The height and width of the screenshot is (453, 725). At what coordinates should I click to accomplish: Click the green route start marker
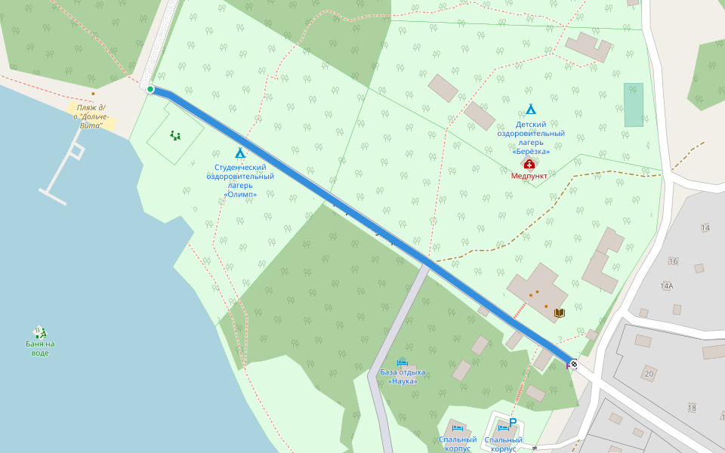(x=150, y=90)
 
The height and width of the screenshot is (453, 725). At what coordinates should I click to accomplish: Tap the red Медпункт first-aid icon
(x=529, y=164)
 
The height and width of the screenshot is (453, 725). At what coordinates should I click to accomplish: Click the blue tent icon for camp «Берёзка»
(x=531, y=109)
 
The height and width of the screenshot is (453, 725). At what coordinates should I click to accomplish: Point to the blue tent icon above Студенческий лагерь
(x=240, y=153)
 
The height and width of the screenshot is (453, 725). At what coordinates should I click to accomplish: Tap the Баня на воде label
(x=40, y=348)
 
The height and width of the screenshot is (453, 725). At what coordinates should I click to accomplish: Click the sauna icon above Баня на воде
(x=40, y=331)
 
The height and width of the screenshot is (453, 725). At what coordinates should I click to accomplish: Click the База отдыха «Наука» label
(x=403, y=377)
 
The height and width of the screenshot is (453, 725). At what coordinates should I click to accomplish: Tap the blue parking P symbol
(x=513, y=422)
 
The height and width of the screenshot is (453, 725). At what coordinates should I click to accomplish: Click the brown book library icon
(x=560, y=313)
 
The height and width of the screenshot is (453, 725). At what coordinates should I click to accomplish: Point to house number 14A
(x=667, y=286)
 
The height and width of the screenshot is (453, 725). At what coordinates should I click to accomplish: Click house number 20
(x=649, y=374)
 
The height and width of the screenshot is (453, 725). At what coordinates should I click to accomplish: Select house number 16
(x=673, y=261)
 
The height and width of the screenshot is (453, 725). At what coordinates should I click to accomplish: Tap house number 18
(x=692, y=408)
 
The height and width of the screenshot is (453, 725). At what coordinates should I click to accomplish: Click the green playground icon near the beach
(x=175, y=136)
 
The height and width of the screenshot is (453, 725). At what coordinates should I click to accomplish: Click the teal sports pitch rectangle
(x=634, y=104)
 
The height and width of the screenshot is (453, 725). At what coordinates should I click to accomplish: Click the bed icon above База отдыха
(x=402, y=362)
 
